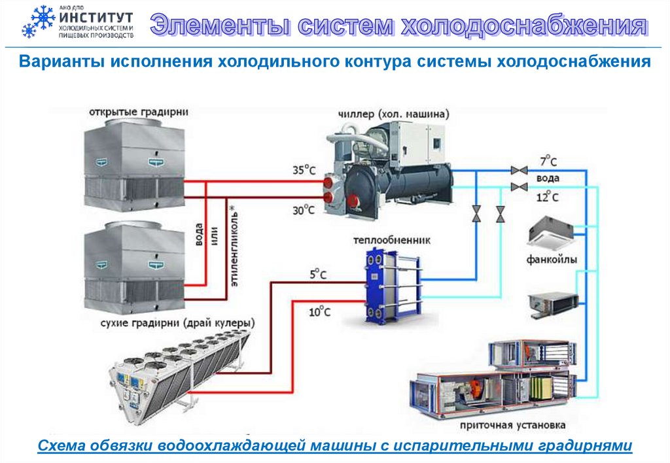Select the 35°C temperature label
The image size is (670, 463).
click(x=304, y=170)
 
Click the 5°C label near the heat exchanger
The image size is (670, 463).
click(x=317, y=275)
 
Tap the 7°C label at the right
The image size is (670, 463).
click(x=548, y=162)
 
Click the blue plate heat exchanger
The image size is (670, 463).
click(x=389, y=285)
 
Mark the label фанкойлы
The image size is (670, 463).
click(x=552, y=260)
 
